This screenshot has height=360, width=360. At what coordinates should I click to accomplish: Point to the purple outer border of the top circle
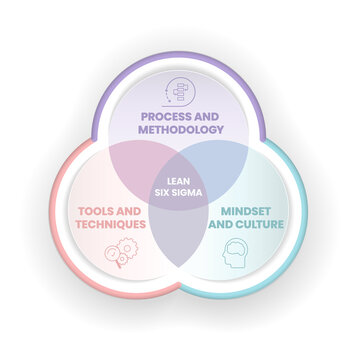click(180, 59)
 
